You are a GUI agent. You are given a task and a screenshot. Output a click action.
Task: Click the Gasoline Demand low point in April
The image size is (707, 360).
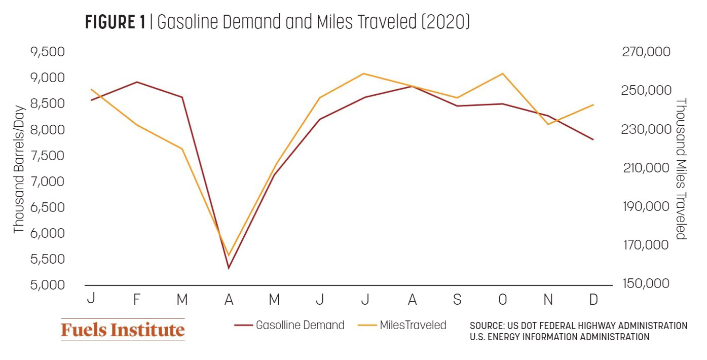click(x=229, y=268)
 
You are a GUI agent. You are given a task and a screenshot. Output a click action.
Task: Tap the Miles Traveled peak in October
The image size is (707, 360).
click(x=502, y=74)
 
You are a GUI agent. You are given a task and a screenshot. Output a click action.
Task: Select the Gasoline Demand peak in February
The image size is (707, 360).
click(x=137, y=82)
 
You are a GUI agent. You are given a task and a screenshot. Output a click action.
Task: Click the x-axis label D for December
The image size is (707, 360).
click(x=593, y=300)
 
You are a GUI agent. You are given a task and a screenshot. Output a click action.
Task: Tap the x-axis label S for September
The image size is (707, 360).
click(x=457, y=300)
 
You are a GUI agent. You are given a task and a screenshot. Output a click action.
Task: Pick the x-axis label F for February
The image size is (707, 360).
click(x=137, y=300)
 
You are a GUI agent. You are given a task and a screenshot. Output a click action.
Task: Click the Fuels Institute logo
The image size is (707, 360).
click(x=123, y=330)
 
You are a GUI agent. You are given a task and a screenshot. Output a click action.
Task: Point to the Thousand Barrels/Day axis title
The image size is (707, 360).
click(x=19, y=169)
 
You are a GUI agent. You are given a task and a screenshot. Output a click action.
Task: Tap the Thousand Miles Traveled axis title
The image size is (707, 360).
click(x=681, y=169)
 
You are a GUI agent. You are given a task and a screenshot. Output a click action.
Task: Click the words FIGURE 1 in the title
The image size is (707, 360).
click(x=116, y=23)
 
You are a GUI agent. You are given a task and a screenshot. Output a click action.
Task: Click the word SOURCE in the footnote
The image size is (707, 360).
click(x=487, y=326)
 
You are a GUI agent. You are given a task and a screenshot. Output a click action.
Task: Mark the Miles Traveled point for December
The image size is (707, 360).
click(x=593, y=104)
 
